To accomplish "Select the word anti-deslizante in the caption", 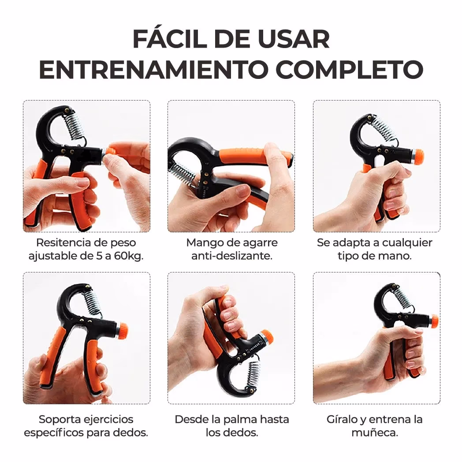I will coord(231,256).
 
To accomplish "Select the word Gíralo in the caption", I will coord(342,419).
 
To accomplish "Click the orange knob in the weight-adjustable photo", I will coord(110,151).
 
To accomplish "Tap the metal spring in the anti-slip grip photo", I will coord(182,172).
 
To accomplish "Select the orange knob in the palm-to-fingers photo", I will coord(266,337).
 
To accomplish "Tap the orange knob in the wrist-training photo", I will coord(434,320).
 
